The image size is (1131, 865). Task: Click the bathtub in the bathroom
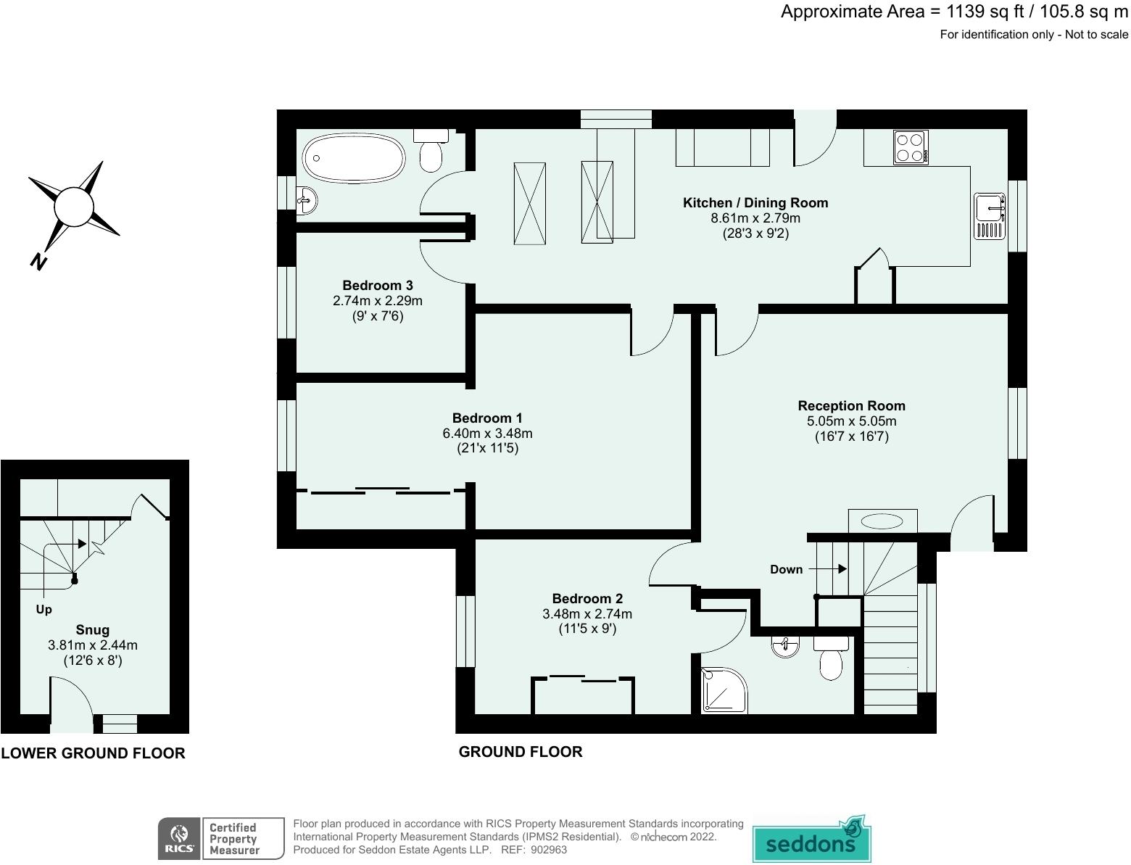[354, 157]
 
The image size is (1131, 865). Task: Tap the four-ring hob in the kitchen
[911, 147]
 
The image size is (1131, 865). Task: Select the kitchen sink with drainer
[990, 216]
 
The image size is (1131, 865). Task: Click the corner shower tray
[724, 690]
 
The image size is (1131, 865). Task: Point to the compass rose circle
[74, 207]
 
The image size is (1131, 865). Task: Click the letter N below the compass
[38, 262]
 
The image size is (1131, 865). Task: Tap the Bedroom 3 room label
[378, 286]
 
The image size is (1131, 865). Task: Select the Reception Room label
[851, 406]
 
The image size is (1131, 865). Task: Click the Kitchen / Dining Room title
[755, 203]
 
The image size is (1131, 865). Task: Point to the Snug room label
[93, 629]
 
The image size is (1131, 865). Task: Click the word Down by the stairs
[787, 569]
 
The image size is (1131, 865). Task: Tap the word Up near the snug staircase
[43, 610]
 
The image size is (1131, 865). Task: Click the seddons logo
[811, 838]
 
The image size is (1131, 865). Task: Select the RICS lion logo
[179, 838]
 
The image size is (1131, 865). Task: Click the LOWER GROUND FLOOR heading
[93, 753]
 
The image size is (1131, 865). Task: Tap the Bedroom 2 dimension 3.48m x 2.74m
[587, 613]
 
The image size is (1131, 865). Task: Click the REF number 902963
[549, 850]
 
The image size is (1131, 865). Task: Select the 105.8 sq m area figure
[1084, 12]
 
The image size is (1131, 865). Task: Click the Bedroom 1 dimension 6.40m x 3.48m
[487, 434]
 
